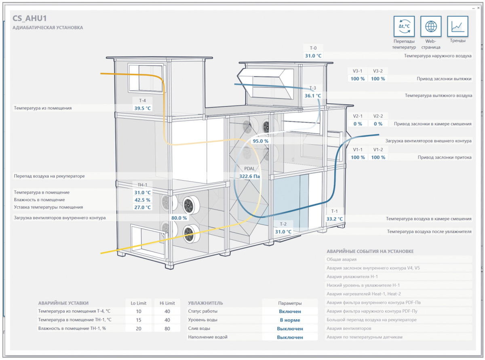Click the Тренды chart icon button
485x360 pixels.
coord(458,26)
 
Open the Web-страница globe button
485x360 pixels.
coord(431,26)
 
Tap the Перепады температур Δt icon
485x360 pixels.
coord(404,26)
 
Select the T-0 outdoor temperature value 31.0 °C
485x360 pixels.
coord(313,56)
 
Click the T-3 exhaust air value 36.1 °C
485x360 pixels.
coord(313,95)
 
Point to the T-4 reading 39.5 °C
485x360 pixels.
coord(142,108)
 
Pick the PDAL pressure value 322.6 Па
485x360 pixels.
coord(249,176)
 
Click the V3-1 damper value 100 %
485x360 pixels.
coord(358,79)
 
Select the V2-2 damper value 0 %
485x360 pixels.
coord(378,124)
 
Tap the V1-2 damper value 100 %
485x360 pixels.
coord(378,157)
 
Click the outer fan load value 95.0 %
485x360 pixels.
coord(260,141)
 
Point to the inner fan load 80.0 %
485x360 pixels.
coord(179,218)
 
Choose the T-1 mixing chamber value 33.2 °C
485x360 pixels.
coord(334,219)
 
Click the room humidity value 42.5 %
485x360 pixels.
coord(142,200)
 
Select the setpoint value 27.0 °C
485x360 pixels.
coord(142,207)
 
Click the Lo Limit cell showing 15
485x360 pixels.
coord(138,320)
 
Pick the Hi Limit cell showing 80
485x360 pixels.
coord(167,328)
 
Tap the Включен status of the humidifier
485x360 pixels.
coord(290,311)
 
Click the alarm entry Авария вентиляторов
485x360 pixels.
coord(349,328)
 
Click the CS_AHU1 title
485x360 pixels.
coord(30,18)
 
